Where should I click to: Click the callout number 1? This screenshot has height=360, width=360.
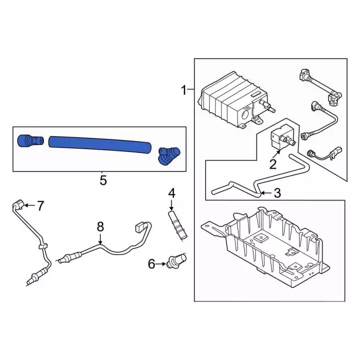(x=183, y=90)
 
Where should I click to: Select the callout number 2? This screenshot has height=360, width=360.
(x=273, y=164)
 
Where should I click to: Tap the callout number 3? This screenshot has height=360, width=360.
(x=277, y=193)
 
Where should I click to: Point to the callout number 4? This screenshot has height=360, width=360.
(x=172, y=193)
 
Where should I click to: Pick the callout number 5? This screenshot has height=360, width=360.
(x=103, y=180)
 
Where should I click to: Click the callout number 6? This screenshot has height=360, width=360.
(x=151, y=264)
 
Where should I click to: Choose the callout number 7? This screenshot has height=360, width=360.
(x=40, y=206)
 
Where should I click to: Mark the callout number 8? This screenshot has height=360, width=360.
(x=100, y=227)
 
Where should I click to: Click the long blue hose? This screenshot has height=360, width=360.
(x=100, y=145)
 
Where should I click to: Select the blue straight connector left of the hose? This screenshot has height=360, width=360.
(x=30, y=141)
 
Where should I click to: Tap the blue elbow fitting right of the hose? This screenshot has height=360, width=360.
(x=169, y=156)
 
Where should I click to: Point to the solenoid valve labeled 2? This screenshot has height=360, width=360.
(x=282, y=138)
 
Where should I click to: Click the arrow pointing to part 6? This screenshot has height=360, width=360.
(x=160, y=264)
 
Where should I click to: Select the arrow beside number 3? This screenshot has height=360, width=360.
(x=266, y=193)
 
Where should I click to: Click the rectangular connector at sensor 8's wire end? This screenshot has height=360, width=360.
(x=139, y=226)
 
